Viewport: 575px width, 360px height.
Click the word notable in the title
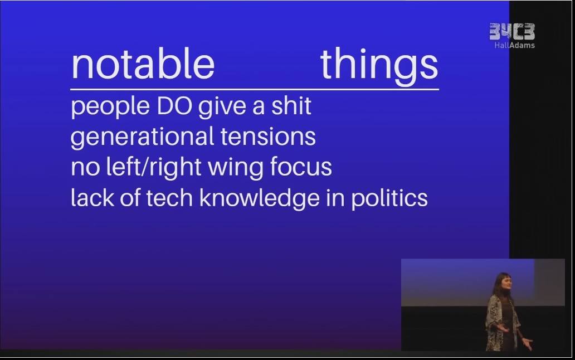[143, 64]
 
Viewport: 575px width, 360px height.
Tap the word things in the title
[379, 66]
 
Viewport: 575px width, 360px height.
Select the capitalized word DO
[174, 106]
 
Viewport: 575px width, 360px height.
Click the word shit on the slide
[291, 106]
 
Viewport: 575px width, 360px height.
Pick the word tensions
[268, 137]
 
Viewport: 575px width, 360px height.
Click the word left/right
[153, 168]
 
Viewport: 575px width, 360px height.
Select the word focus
[301, 167]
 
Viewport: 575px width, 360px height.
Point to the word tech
[169, 198]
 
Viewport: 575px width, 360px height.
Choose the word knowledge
[259, 199]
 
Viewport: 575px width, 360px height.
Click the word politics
[389, 199]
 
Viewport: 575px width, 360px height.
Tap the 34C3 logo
[512, 32]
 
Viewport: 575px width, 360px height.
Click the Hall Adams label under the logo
[514, 46]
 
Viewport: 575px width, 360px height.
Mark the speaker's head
[501, 283]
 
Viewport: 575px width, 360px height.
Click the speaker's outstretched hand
[527, 343]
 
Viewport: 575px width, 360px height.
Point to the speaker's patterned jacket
[503, 318]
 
